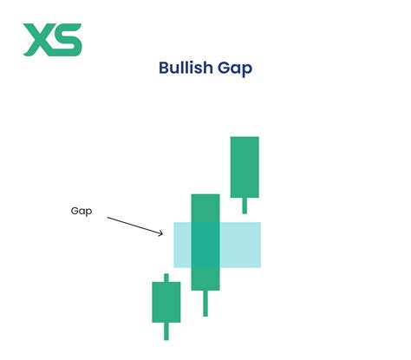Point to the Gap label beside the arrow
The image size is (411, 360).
82,211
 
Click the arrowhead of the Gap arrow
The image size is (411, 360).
162,234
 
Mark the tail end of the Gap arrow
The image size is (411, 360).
108,218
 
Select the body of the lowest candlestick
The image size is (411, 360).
166,301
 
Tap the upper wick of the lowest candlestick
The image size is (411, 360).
166,278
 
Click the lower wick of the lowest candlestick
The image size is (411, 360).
166,331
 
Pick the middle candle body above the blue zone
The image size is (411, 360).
205,208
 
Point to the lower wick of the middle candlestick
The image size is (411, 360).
205,303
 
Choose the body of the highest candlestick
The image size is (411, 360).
245,167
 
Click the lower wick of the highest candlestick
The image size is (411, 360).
245,206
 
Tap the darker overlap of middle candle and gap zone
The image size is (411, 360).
205,245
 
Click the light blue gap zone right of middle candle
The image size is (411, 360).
240,245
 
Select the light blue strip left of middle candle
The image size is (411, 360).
181,245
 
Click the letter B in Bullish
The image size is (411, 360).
164,68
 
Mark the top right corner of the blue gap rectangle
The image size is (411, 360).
260,223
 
